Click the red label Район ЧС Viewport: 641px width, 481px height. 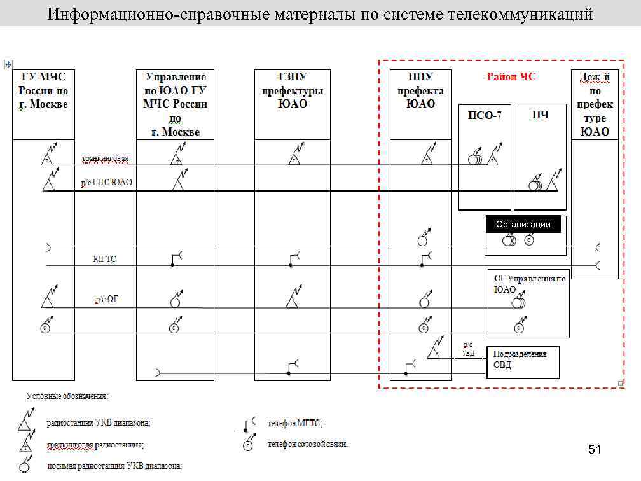[x=511, y=77]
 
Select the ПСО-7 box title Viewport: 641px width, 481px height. [x=485, y=115]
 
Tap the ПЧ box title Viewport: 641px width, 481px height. [x=540, y=115]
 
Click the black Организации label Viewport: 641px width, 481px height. [x=523, y=225]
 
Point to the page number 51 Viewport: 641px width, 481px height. [x=595, y=450]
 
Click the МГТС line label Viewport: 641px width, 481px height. [x=105, y=259]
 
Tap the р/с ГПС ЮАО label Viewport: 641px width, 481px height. [x=106, y=183]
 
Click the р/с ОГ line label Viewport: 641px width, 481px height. [x=106, y=298]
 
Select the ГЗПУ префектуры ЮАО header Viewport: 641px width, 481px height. [x=292, y=90]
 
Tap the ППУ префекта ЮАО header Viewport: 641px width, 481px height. [x=420, y=90]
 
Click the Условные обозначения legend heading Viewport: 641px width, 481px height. [x=67, y=396]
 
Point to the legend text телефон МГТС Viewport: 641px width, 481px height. [x=295, y=423]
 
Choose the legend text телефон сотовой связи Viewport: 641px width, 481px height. [x=308, y=443]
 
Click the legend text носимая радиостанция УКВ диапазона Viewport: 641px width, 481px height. [x=114, y=466]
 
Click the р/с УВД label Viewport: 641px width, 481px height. [x=469, y=349]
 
